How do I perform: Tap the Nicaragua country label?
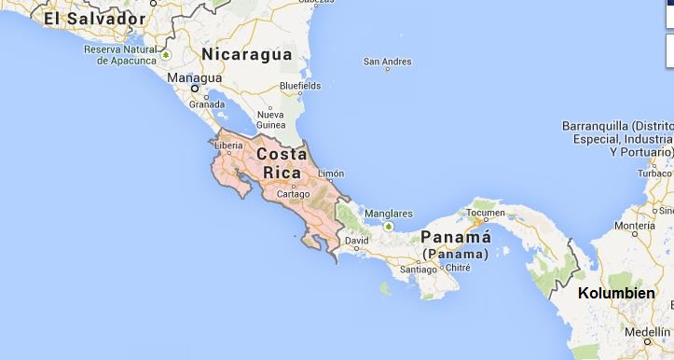tap(246, 54)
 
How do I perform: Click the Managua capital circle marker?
tap(196, 90)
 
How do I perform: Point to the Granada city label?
tap(207, 104)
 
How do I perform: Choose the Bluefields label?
tap(300, 86)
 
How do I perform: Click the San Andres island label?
tap(387, 62)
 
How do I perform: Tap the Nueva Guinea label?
tap(270, 120)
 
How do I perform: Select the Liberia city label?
tap(229, 145)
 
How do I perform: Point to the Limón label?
tap(331, 173)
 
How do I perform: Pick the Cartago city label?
tap(293, 193)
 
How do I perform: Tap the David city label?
tap(356, 241)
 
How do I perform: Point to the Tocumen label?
tap(484, 212)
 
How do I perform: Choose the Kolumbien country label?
tap(616, 294)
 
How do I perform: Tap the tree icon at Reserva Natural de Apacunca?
tap(165, 56)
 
